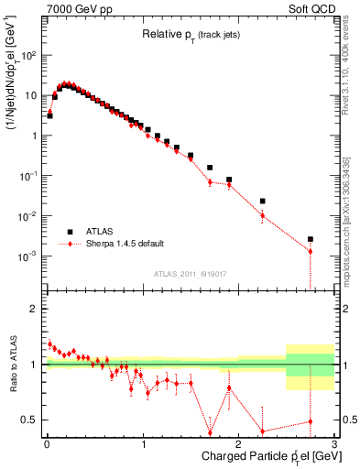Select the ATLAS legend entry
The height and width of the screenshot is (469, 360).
(x=98, y=231)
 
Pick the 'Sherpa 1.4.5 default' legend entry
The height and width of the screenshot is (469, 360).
(x=117, y=244)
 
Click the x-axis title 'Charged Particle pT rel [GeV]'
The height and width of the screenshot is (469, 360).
(x=264, y=456)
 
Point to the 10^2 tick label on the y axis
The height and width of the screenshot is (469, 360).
(x=27, y=55)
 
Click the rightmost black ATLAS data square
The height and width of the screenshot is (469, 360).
(x=311, y=239)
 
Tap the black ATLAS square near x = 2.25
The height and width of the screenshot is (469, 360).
(x=263, y=201)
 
